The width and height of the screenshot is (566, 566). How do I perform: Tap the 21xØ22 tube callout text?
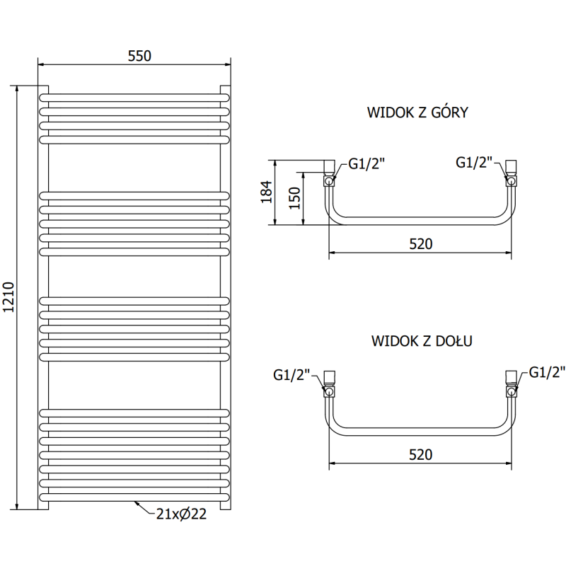pyautogui.click(x=181, y=514)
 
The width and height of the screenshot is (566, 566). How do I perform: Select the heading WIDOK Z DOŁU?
pyautogui.click(x=422, y=341)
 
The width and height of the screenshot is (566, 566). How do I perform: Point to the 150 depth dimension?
pyautogui.click(x=296, y=199)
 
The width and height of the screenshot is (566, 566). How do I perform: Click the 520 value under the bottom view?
pyautogui.click(x=420, y=454)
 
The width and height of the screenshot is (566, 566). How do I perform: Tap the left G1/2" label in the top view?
pyautogui.click(x=366, y=164)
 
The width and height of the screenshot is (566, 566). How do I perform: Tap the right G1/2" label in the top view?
pyautogui.click(x=473, y=162)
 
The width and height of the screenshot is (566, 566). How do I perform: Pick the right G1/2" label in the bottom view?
pyautogui.click(x=548, y=372)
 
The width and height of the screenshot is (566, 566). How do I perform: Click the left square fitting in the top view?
pyautogui.click(x=329, y=167)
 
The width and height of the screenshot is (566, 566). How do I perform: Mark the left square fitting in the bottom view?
pyautogui.click(x=330, y=376)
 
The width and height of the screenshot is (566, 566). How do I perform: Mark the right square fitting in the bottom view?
pyautogui.click(x=511, y=376)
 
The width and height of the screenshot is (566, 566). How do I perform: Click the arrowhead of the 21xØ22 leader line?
pyautogui.click(x=136, y=503)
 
